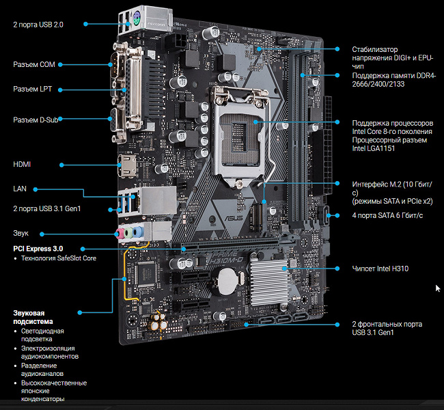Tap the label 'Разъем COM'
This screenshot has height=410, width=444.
(x=34, y=65)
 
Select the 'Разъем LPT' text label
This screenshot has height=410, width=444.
(x=33, y=89)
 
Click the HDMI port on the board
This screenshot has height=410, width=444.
(x=127, y=166)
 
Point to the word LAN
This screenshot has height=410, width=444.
(x=20, y=189)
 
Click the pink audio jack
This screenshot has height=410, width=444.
(x=120, y=233)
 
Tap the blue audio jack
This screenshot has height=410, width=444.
(x=137, y=232)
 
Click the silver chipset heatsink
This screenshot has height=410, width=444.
(x=269, y=281)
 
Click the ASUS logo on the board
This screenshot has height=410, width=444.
(x=234, y=219)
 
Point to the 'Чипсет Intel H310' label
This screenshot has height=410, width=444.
(x=380, y=269)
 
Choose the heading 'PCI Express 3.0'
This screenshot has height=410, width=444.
(x=38, y=249)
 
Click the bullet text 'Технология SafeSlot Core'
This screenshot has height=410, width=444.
(x=59, y=258)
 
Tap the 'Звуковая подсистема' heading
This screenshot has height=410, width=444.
(x=33, y=317)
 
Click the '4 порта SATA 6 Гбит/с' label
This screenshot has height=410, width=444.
(x=387, y=216)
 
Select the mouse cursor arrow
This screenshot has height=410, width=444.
(x=438, y=289)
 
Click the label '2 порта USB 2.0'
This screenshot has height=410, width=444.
(x=38, y=25)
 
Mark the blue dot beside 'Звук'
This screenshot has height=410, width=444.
(x=42, y=234)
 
